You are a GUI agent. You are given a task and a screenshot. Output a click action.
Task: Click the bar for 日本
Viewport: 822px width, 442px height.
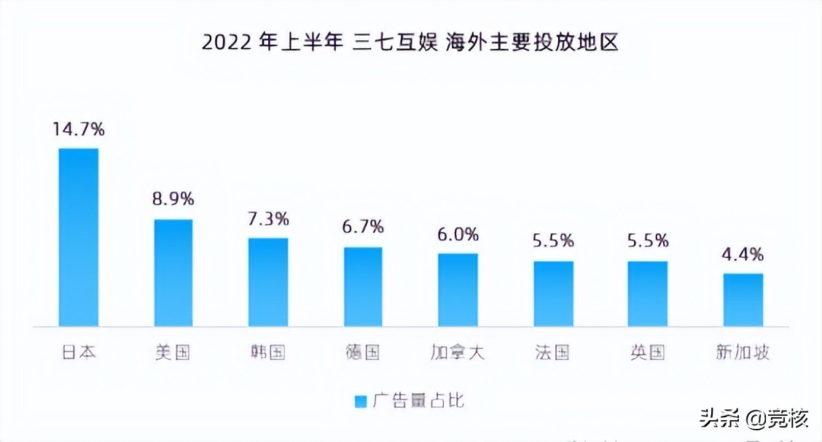click(x=79, y=237)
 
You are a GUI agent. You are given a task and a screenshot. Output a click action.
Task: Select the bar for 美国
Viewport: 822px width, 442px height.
click(x=173, y=273)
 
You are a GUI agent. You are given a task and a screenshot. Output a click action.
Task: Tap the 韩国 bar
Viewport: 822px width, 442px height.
click(x=268, y=282)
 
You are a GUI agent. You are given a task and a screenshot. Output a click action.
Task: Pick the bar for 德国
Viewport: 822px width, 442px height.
click(x=363, y=287)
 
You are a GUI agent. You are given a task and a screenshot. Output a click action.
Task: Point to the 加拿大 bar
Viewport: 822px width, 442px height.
click(x=458, y=290)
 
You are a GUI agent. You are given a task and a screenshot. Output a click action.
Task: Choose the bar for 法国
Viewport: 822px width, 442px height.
click(x=553, y=293)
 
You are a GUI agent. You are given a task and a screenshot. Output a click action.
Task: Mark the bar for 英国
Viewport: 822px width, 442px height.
click(x=648, y=293)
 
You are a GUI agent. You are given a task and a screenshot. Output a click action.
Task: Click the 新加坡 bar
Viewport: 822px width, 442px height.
click(x=743, y=300)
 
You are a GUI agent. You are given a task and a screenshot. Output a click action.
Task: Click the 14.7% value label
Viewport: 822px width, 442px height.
click(x=79, y=130)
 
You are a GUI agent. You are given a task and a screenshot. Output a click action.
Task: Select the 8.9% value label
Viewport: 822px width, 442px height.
click(x=173, y=199)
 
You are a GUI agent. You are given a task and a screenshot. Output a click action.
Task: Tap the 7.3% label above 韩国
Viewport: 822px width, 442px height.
click(x=268, y=218)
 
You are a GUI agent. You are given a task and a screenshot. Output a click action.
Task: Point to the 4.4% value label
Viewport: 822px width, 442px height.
click(x=743, y=255)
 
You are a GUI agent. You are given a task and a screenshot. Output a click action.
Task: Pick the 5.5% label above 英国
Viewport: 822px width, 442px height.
click(x=648, y=241)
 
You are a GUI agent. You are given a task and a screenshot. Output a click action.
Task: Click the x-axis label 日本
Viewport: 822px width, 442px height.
click(x=79, y=353)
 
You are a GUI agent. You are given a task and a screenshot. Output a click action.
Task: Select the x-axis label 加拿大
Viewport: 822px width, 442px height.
click(x=458, y=353)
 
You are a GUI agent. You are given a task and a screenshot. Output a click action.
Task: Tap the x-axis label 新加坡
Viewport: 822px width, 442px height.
click(x=743, y=353)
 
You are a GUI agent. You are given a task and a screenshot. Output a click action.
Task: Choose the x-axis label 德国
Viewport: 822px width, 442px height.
click(x=363, y=353)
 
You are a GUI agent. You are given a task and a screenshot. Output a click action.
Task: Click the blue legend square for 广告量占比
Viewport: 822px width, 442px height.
click(x=360, y=401)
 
